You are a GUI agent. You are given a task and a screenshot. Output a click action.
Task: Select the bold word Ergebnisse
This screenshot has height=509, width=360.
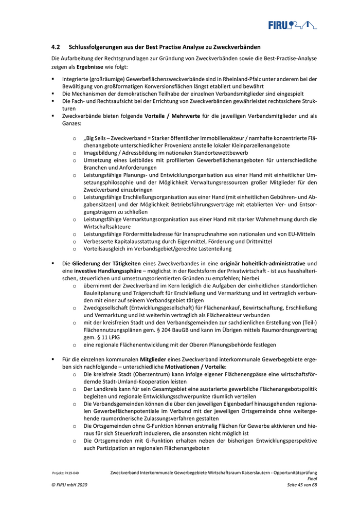point(92,67)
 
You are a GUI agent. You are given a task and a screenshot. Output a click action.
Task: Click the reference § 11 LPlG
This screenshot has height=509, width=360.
point(100,337)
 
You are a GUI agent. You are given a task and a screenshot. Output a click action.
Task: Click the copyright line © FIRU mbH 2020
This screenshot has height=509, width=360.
point(69,485)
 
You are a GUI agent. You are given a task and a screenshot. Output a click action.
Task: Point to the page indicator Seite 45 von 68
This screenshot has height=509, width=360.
point(302,485)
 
